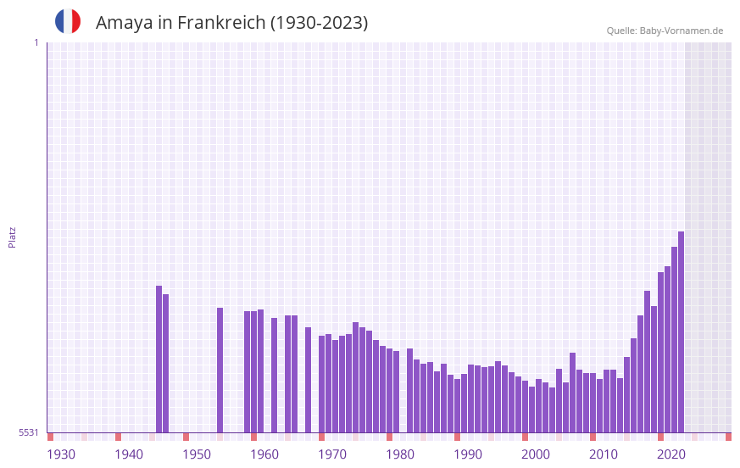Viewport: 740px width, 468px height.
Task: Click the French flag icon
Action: (x=68, y=21)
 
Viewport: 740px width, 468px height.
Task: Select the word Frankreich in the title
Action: (x=221, y=23)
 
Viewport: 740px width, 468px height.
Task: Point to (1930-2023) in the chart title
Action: (x=319, y=23)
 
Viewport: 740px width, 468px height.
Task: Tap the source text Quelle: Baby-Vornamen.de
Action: (x=665, y=31)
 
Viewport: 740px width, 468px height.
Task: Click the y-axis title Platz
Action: (x=12, y=237)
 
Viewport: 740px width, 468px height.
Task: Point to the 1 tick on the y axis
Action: (x=36, y=42)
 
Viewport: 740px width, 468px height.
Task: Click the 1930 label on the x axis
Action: (x=61, y=454)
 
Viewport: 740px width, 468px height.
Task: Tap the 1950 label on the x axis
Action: (x=197, y=454)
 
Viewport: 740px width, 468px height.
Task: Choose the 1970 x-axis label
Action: (x=332, y=454)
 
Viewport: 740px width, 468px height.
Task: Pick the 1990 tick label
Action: (x=468, y=454)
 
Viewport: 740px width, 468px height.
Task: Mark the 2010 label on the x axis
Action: (x=604, y=454)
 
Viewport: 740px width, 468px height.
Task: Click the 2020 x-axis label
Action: (x=671, y=454)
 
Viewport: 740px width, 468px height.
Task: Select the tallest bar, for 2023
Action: (x=681, y=331)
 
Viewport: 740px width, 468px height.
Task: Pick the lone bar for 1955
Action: (x=220, y=370)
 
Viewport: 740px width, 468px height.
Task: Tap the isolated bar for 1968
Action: (x=308, y=380)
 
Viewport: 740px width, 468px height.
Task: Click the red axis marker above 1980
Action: (x=389, y=437)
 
